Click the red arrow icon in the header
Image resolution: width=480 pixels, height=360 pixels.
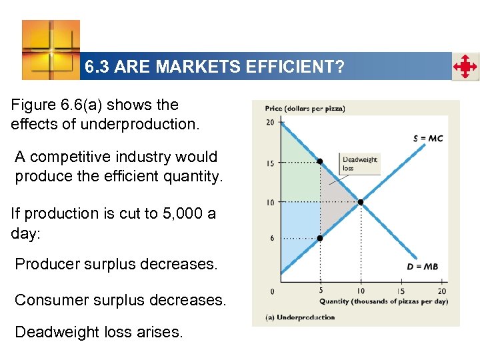coord(465,67)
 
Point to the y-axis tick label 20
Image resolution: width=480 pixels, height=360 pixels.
coord(270,122)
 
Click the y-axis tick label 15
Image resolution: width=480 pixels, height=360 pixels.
coord(270,163)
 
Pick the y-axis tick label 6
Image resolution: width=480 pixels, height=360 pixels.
coord(272,239)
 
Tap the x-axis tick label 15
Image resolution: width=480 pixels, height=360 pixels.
coord(401,291)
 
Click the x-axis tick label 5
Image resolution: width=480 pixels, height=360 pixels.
coord(321,291)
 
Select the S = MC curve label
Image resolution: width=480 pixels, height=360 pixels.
coord(427,138)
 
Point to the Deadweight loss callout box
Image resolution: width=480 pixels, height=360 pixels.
coord(360,163)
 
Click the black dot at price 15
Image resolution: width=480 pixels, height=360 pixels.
coord(320,161)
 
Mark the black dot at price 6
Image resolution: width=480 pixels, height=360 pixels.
coord(320,238)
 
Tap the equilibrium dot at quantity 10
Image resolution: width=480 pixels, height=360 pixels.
coord(361,202)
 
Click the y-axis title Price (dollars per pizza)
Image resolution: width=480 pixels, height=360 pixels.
coord(305,109)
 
